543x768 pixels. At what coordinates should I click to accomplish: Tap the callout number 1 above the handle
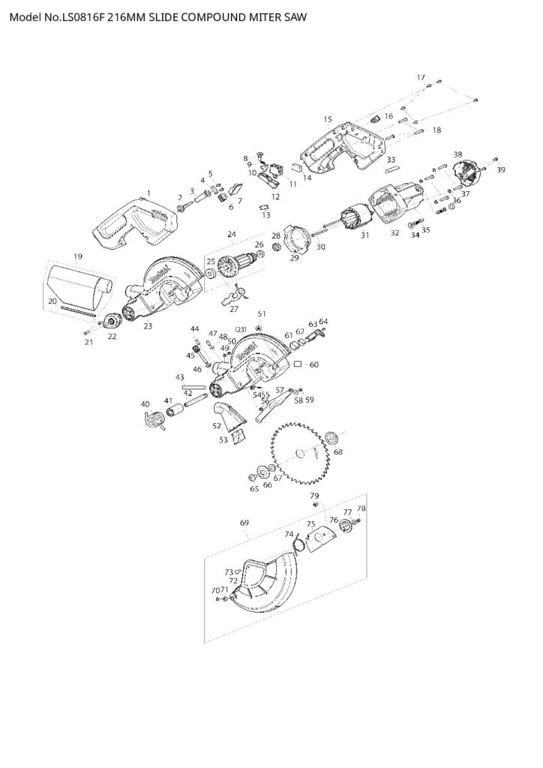(148, 193)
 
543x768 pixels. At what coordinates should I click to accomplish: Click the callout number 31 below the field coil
(365, 235)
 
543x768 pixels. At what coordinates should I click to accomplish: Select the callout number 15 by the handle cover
(327, 119)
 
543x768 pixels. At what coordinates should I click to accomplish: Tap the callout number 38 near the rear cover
(458, 154)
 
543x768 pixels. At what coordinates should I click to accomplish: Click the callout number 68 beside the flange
(338, 452)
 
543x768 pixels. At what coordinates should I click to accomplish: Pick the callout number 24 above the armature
(232, 235)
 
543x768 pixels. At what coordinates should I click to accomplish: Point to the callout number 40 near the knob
(145, 404)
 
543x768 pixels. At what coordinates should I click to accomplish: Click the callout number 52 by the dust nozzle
(217, 425)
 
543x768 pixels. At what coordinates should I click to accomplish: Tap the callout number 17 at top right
(421, 77)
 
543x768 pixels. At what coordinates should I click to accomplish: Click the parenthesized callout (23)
(241, 329)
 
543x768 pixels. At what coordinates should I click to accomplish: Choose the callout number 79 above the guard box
(314, 496)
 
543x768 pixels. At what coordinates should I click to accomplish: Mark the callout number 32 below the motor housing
(395, 233)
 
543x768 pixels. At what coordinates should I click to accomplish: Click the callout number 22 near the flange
(112, 336)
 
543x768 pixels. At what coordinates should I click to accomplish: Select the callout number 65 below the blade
(254, 488)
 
